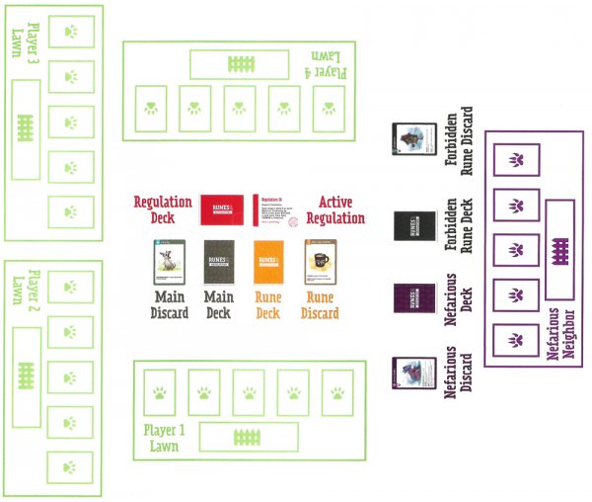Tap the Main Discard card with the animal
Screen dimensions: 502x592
click(170, 262)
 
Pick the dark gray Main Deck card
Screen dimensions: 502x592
click(219, 262)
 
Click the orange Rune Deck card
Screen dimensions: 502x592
click(269, 262)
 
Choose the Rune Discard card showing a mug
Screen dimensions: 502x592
click(321, 262)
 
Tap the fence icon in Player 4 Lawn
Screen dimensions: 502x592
click(242, 64)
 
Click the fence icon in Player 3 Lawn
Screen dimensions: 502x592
click(25, 126)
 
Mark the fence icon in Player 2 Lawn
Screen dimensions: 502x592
click(25, 376)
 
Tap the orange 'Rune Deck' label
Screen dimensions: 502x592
click(269, 304)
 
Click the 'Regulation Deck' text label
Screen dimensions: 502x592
click(164, 210)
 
